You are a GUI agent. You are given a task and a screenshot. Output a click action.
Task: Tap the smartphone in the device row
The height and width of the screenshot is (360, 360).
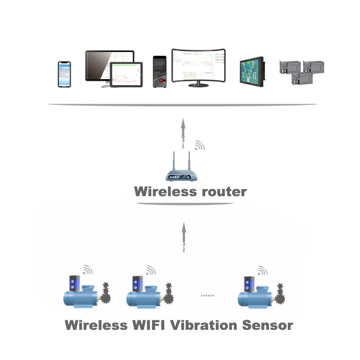coord(64,74)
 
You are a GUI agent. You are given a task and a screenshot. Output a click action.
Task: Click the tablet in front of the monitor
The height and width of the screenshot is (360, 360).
coord(126,75)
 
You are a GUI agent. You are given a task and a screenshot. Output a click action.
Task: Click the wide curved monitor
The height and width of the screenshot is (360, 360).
coord(198,67)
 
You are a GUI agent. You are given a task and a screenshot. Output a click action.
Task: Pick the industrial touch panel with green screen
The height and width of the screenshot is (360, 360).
coord(251,71)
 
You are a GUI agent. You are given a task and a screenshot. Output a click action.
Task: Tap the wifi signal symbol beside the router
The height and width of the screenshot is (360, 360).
coord(198,146)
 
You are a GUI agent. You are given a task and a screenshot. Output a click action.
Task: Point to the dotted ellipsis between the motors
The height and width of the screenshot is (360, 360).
coord(207,296)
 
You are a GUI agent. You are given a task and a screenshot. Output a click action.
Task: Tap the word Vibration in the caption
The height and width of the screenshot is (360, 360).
coord(204,325)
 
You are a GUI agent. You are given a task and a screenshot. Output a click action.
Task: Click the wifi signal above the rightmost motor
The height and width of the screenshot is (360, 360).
coord(261,270)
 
